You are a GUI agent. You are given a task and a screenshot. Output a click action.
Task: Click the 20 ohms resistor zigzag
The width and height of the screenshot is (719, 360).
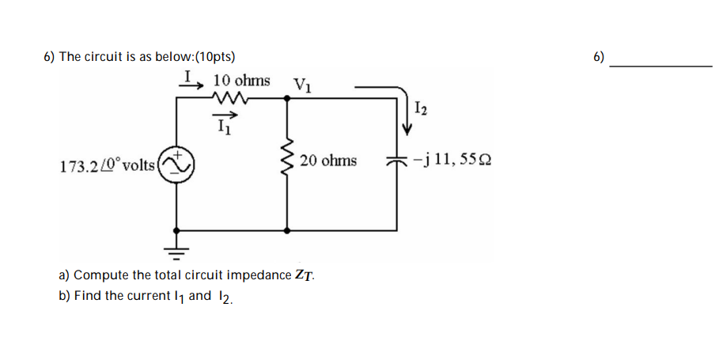286,161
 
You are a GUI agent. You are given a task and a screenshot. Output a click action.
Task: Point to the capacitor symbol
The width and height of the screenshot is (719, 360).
395,161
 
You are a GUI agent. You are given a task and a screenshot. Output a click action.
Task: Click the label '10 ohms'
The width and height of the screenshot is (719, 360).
241,81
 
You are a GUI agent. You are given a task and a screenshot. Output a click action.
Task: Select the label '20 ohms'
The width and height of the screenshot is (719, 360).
328,161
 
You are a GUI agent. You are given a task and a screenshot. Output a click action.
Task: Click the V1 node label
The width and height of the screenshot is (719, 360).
301,84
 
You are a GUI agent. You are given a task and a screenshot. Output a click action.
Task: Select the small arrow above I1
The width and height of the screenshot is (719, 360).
225,114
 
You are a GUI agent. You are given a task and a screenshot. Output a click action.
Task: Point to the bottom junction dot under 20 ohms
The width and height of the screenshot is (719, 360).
286,230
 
